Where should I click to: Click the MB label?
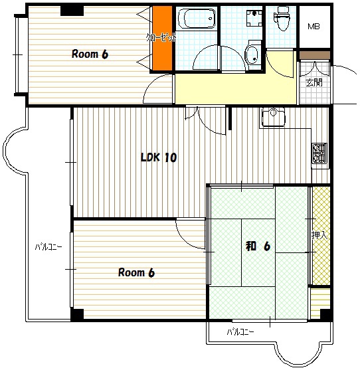pos(314,27)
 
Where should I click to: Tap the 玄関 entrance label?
pos(314,82)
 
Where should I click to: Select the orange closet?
pos(163,38)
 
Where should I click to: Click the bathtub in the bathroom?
pos(197,19)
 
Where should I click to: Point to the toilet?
pos(282,18)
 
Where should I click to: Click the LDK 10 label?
pos(159,157)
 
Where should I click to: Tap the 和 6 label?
pos(258,246)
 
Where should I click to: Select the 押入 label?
pos(319,235)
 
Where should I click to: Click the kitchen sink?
pos(273,116)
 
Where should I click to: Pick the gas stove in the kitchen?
pos(319,153)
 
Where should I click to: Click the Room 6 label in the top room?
pos(90,54)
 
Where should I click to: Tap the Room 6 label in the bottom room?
pos(136,272)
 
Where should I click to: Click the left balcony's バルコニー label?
pos(48,247)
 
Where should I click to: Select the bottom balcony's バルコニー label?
pos(240,332)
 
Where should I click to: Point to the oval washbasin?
pos(252,54)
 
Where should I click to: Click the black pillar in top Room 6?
pos(72,11)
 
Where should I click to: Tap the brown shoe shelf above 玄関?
pos(315,55)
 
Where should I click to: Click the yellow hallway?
pos(234,88)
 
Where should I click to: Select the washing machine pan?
pos(254,18)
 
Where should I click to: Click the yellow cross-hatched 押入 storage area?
pos(321,236)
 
